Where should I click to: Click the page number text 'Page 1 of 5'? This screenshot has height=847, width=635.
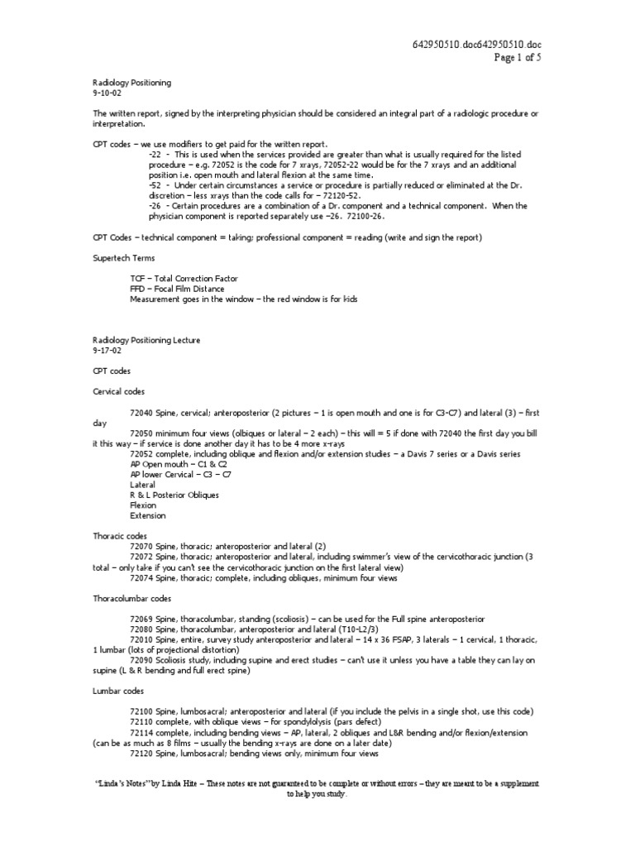518,57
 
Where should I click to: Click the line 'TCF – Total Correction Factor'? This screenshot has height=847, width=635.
184,279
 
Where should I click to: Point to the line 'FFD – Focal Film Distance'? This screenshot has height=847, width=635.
178,289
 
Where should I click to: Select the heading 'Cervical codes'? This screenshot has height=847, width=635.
120,391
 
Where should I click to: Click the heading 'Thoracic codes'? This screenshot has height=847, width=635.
120,536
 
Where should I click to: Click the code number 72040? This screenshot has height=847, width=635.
141,412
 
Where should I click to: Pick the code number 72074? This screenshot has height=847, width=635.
141,577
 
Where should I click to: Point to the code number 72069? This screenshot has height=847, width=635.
141,619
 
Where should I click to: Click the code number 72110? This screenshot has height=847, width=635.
141,722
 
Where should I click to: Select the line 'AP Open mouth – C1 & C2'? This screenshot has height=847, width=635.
177,464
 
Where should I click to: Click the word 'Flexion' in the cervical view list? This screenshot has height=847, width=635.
143,505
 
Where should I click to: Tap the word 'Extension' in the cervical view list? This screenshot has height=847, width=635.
147,515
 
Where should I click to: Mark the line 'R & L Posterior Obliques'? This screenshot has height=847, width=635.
174,495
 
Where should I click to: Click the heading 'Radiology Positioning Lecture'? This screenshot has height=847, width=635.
146,340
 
